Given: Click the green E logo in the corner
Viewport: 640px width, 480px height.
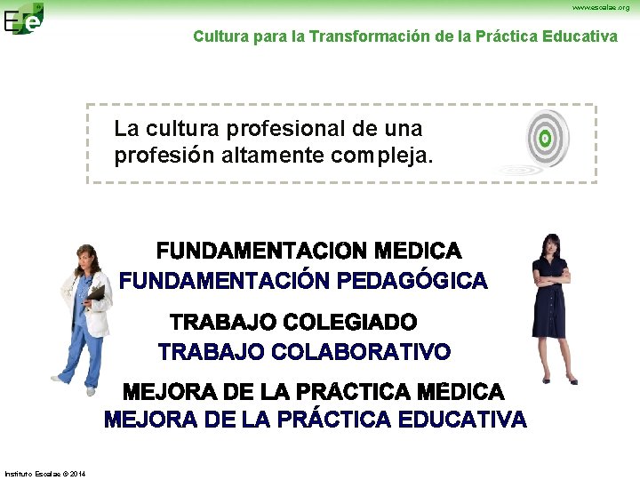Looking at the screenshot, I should (23, 18).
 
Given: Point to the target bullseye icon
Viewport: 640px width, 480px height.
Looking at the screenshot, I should (543, 139).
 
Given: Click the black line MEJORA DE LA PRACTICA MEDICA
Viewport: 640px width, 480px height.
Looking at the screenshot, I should (313, 392).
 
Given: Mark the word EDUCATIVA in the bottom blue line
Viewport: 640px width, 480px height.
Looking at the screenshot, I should (463, 420).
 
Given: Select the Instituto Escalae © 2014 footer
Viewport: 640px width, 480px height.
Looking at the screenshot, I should (45, 472).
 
